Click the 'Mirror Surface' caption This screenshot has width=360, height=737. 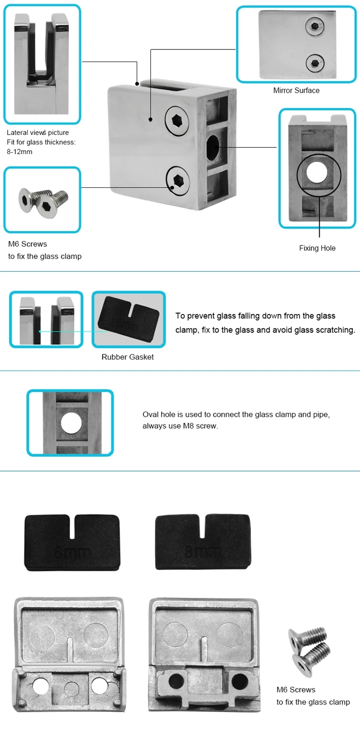[x=296, y=90]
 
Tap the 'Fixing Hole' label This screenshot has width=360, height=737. [x=317, y=248]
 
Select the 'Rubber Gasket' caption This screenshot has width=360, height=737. [x=128, y=357]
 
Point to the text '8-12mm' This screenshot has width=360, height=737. [x=20, y=151]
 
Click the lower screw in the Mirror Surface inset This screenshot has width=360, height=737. [x=314, y=61]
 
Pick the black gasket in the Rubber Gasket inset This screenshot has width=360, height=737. [x=128, y=319]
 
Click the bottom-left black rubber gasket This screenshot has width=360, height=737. [x=72, y=542]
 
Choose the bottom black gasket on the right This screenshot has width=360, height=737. [x=203, y=542]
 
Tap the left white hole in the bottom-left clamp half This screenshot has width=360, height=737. [x=40, y=685]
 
